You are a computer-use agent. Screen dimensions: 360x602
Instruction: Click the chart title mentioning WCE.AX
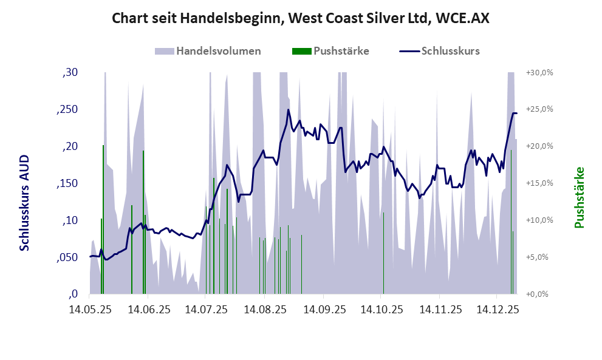click(x=301, y=19)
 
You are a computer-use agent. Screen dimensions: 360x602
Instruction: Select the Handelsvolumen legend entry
click(x=218, y=51)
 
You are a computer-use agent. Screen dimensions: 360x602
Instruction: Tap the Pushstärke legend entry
click(x=341, y=51)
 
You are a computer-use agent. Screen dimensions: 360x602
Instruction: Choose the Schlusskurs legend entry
click(x=450, y=51)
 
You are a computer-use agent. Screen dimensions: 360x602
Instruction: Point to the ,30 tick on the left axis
click(x=70, y=73)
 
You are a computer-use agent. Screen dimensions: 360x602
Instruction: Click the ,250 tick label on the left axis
click(x=68, y=110)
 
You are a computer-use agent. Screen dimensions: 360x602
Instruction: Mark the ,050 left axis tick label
click(x=68, y=257)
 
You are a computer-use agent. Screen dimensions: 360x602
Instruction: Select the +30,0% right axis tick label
click(x=539, y=72)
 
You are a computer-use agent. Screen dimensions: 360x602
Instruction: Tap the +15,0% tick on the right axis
click(x=539, y=183)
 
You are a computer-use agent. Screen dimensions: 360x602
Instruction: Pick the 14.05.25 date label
click(x=90, y=310)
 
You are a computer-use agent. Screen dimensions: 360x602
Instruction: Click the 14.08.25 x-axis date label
click(x=265, y=310)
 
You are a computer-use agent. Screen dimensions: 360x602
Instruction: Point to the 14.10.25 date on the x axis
click(x=381, y=310)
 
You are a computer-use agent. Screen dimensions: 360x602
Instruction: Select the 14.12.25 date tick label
click(x=498, y=310)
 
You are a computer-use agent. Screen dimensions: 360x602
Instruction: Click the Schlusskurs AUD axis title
click(x=24, y=202)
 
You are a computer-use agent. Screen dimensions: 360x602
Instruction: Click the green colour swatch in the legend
click(x=301, y=51)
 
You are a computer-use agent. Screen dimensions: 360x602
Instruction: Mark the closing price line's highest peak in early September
click(x=288, y=110)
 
